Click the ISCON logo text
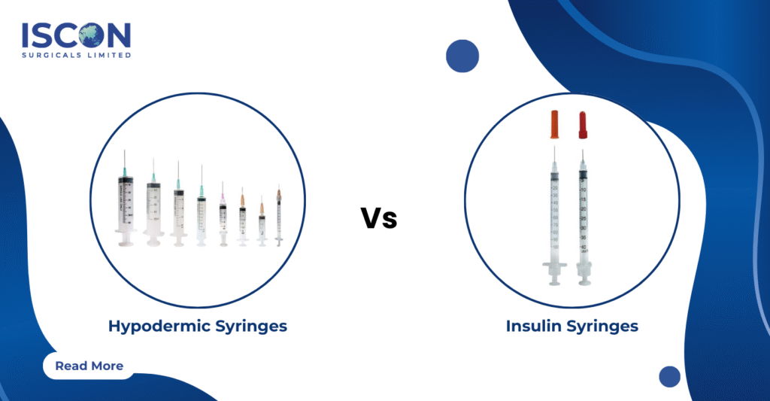pyautogui.click(x=76, y=36)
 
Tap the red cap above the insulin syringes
pyautogui.click(x=582, y=125)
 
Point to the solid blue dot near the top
pyautogui.click(x=462, y=56)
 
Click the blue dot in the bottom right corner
pyautogui.click(x=669, y=377)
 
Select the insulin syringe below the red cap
pyautogui.click(x=583, y=218)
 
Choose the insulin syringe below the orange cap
pyautogui.click(x=554, y=218)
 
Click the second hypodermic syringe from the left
pyautogui.click(x=153, y=207)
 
